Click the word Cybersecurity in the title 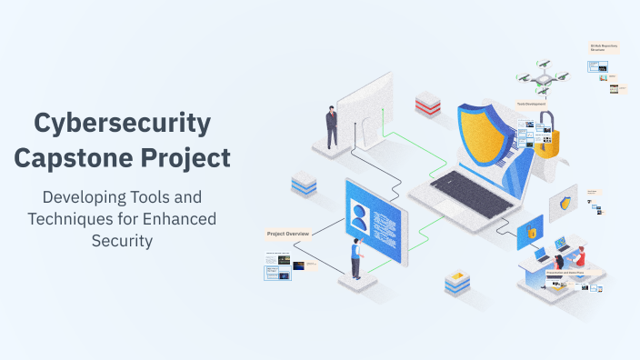pyautogui.click(x=122, y=123)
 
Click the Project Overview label pyautogui.click(x=288, y=235)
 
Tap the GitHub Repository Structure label pyautogui.click(x=605, y=46)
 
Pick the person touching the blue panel pyautogui.click(x=356, y=259)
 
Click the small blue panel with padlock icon pyautogui.click(x=530, y=233)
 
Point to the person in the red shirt pyautogui.click(x=580, y=256)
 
